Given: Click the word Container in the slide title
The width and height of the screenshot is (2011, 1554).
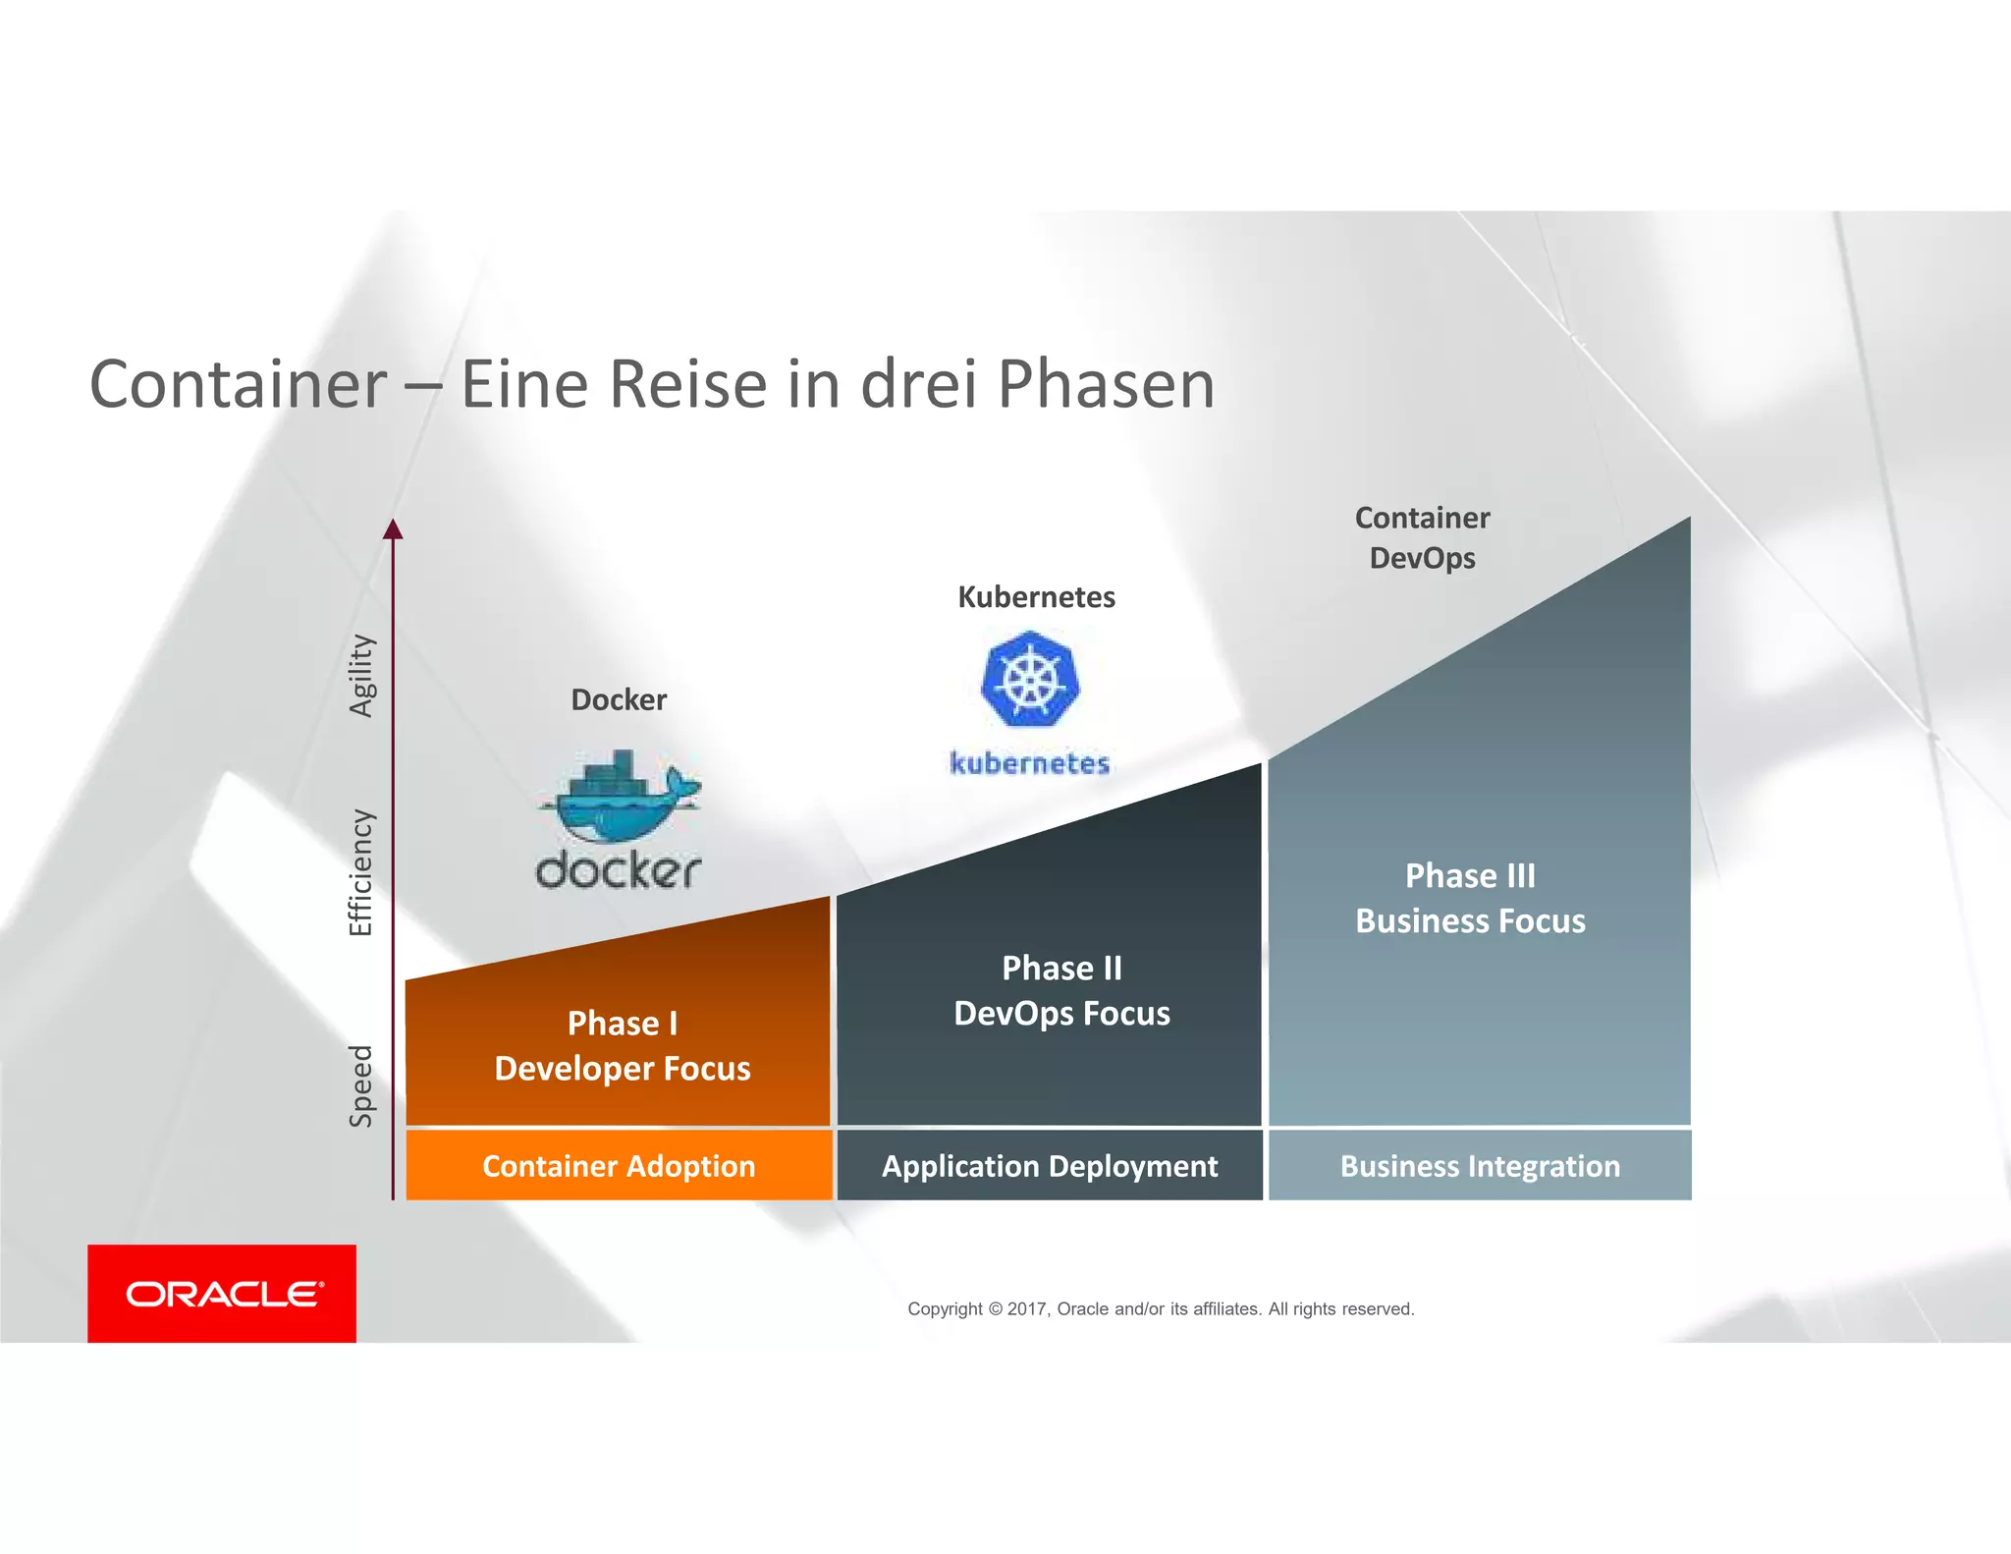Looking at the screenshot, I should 239,384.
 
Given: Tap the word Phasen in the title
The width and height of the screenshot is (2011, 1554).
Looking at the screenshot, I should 1107,384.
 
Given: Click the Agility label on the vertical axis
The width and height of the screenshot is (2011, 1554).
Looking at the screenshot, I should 362,676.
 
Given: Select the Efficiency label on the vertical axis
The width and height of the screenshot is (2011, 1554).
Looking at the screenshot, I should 361,872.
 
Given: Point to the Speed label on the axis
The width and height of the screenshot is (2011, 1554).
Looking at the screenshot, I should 361,1085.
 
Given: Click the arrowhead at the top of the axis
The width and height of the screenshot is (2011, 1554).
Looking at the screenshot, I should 393,530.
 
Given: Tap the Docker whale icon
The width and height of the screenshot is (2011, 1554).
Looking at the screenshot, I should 620,797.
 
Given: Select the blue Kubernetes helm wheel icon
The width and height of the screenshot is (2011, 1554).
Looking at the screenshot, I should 1030,679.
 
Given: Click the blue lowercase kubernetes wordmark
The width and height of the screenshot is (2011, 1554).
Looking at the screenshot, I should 1030,763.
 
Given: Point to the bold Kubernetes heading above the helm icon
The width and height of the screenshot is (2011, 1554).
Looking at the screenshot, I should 1036,597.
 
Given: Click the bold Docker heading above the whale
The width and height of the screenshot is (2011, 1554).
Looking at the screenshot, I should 619,700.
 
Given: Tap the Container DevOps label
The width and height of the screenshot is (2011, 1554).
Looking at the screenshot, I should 1422,538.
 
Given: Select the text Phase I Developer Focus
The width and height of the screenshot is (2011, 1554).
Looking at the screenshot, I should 623,1045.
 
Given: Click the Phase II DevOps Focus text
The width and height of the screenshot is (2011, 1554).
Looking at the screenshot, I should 1061,990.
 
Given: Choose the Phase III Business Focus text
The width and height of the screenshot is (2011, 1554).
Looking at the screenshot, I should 1470,898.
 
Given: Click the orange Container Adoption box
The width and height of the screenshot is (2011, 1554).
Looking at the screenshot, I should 619,1166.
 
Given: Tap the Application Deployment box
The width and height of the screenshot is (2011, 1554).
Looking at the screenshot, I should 1050,1166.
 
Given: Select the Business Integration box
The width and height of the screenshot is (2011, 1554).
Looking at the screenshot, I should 1480,1166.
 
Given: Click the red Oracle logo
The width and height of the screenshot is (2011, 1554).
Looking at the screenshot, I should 222,1294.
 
